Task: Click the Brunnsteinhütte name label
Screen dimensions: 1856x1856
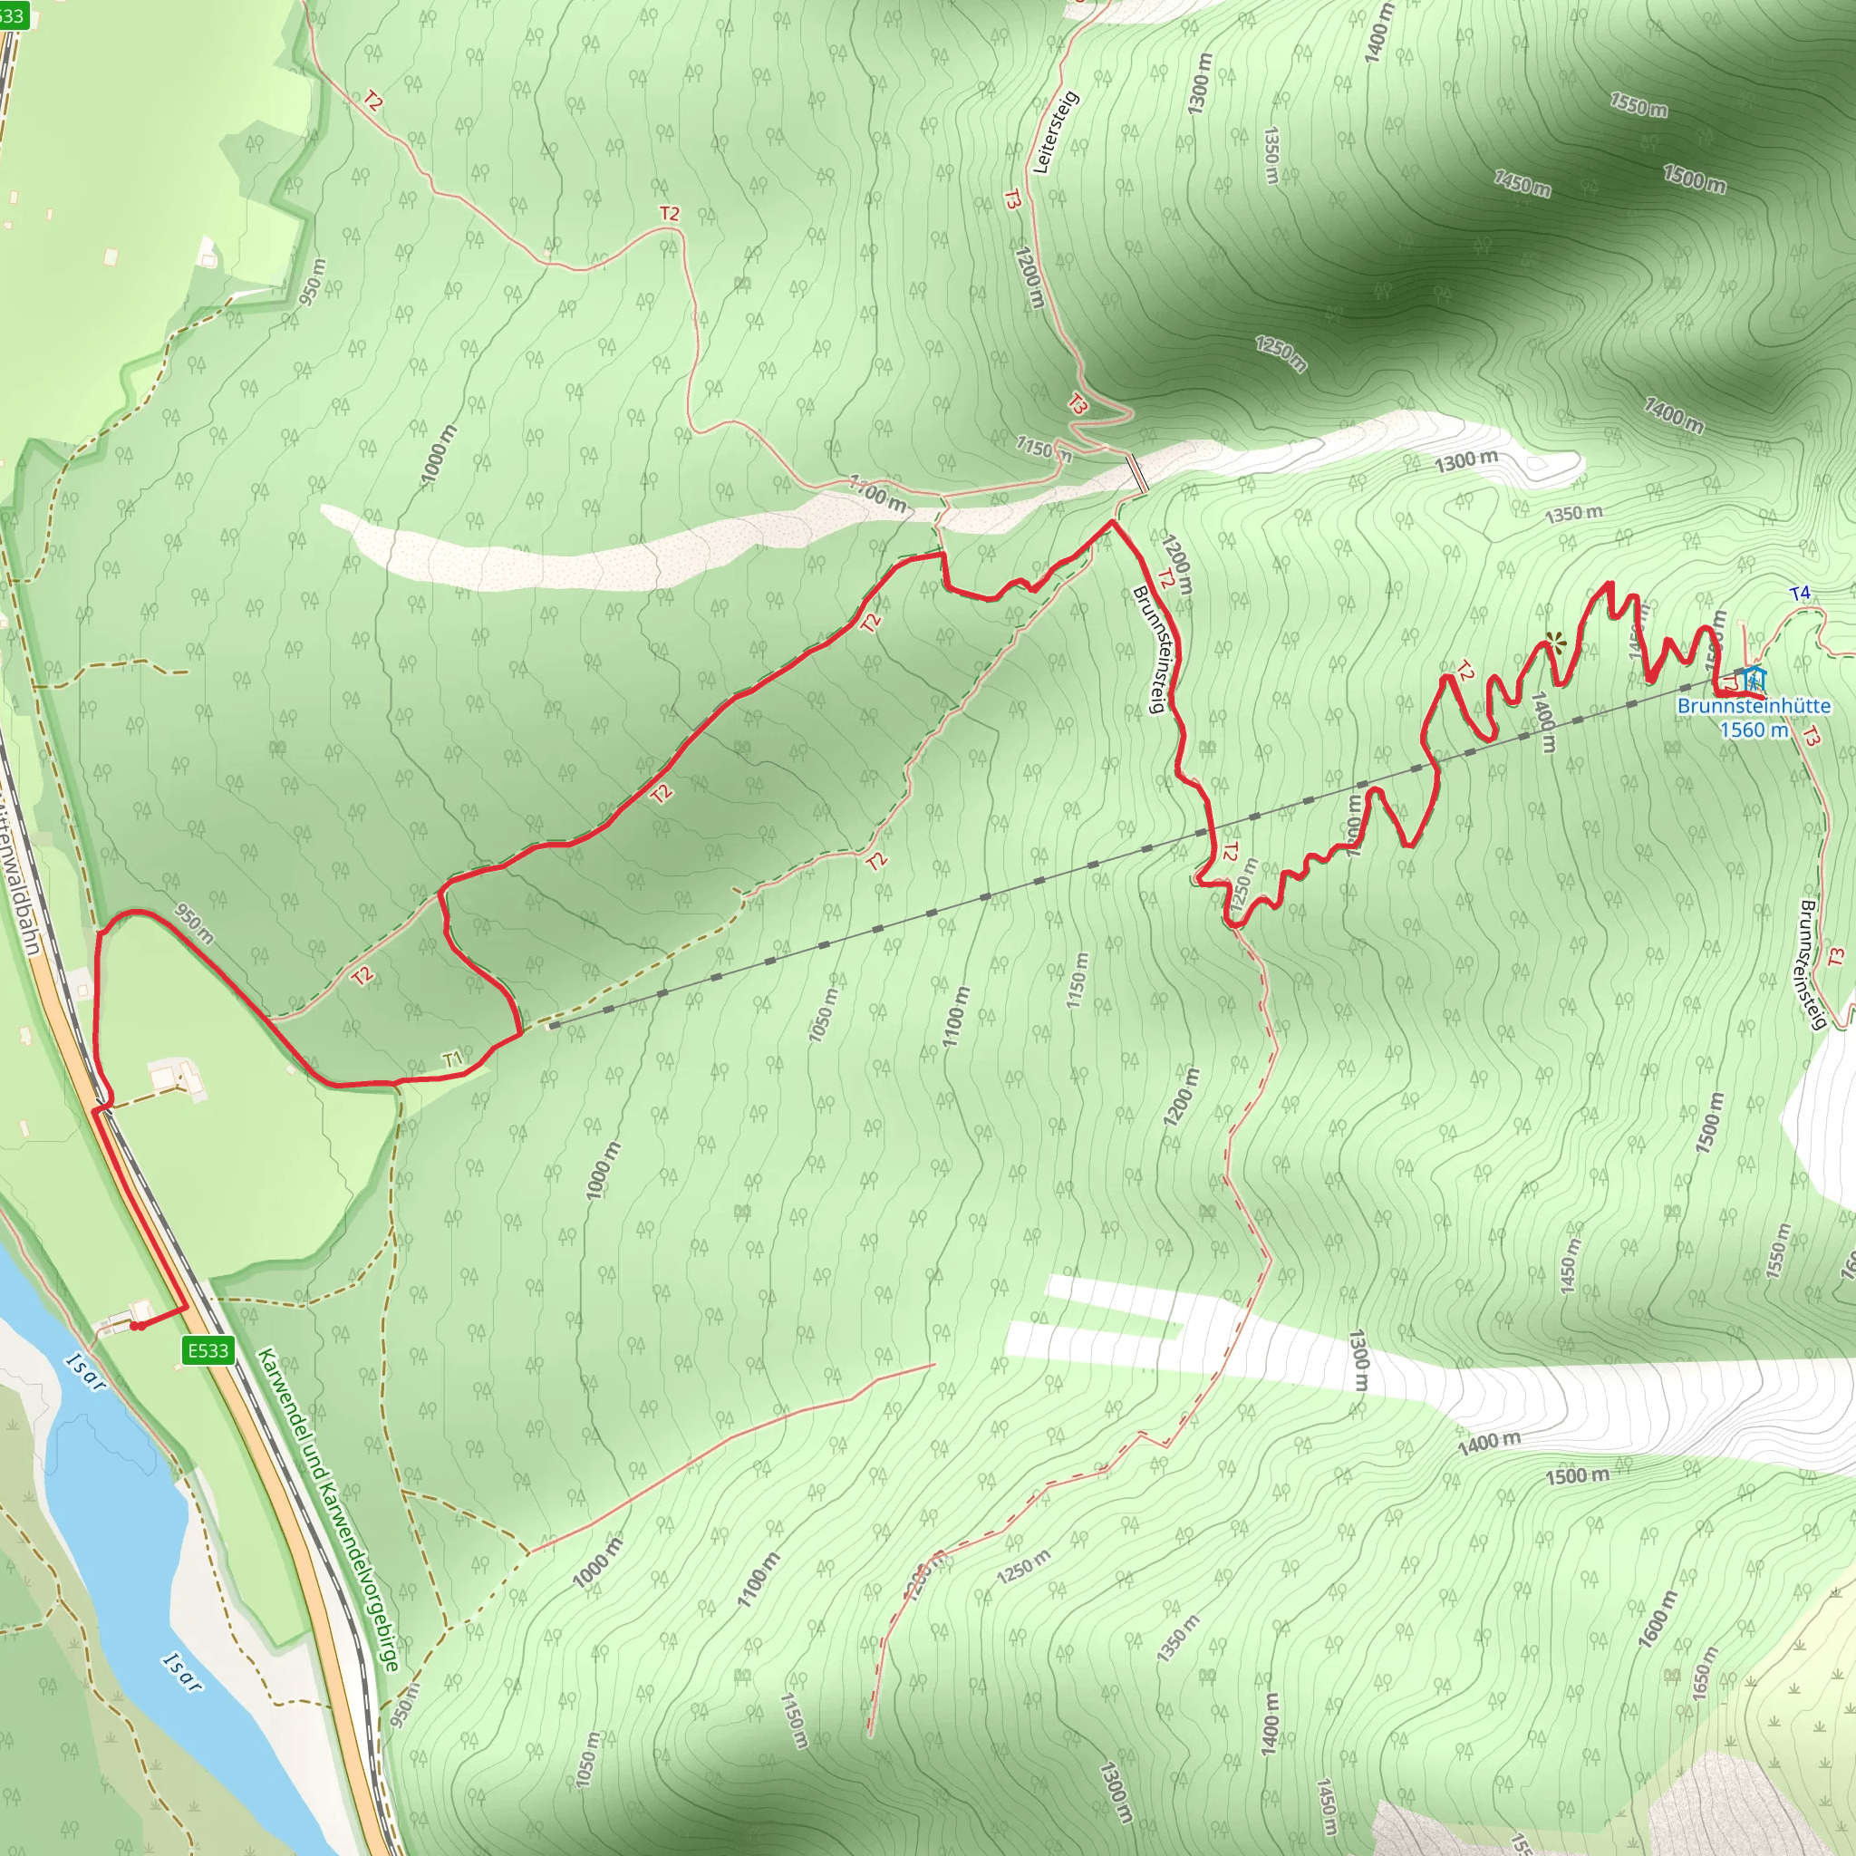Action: (1754, 706)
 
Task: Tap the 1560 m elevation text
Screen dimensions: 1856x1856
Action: (1754, 730)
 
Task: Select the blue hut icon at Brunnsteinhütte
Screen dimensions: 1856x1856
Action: (1754, 678)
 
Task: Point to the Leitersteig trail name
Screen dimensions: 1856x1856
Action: (1056, 132)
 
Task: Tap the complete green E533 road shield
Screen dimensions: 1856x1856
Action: (208, 1350)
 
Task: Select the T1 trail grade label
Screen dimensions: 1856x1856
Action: (452, 1059)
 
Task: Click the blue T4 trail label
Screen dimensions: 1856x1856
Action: (1801, 594)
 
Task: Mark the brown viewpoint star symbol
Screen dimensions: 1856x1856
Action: (1553, 642)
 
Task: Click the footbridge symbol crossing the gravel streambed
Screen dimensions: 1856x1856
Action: (1136, 474)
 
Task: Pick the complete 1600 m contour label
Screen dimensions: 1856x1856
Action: (1658, 1619)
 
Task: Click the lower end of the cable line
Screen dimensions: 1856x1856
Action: (551, 1027)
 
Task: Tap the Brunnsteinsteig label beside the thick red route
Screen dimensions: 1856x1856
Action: (1149, 651)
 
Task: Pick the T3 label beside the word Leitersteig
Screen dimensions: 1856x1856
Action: (1011, 199)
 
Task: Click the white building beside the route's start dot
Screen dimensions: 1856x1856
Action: (141, 1310)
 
